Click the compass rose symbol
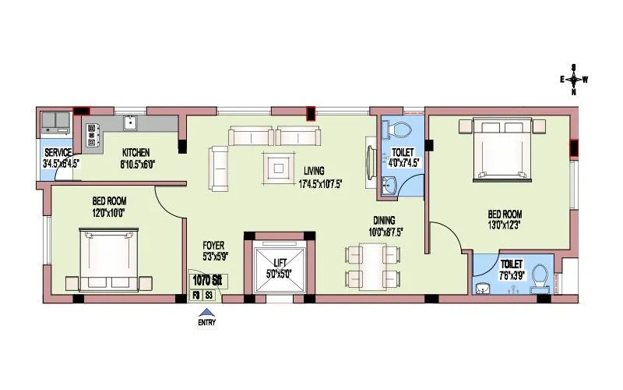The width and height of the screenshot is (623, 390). point(574,79)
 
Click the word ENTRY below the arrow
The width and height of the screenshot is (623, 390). point(206,321)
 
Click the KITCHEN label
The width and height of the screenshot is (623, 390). point(135,152)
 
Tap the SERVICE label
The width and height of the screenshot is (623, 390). point(58,152)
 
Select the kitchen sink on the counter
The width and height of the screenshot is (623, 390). point(130,122)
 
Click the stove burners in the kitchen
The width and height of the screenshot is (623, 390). point(92,135)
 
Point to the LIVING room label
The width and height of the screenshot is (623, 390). point(315,171)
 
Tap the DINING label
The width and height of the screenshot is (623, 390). point(382,220)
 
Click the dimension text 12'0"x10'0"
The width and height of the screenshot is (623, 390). point(107,211)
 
